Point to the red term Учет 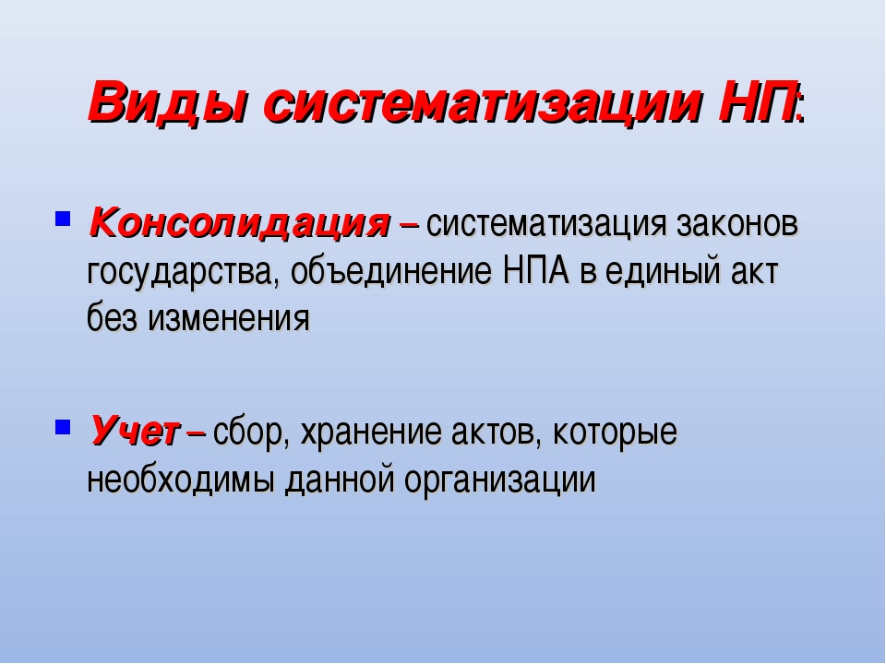[x=134, y=431]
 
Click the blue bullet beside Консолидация [x=62, y=219]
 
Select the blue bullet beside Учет [x=62, y=426]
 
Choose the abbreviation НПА [x=535, y=270]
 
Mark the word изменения [x=229, y=319]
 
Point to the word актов [x=496, y=433]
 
